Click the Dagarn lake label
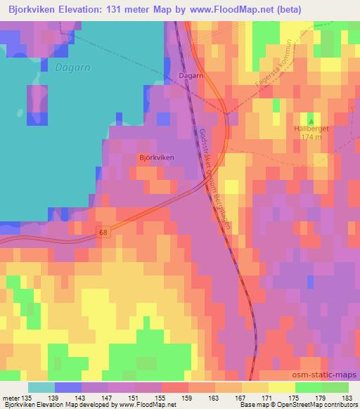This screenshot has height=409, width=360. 68,68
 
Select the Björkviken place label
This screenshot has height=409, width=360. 156,158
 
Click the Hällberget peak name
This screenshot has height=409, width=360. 310,129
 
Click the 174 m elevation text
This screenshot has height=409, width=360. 310,137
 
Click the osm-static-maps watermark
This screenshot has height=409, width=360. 330,377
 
